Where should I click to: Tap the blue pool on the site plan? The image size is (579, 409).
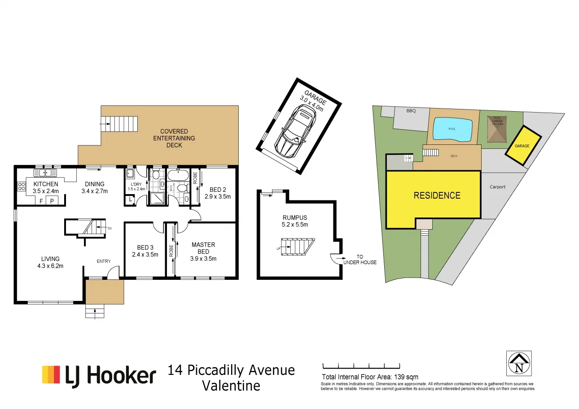pyautogui.click(x=452, y=129)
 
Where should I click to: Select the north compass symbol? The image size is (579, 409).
pyautogui.click(x=519, y=363)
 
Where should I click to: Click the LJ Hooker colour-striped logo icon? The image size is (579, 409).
pyautogui.click(x=51, y=374)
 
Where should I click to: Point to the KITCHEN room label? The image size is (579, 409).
pyautogui.click(x=45, y=184)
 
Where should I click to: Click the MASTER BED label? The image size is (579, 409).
pyautogui.click(x=203, y=248)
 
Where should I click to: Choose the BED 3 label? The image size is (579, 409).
pyautogui.click(x=145, y=248)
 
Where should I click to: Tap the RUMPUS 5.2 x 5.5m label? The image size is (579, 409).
pyautogui.click(x=295, y=221)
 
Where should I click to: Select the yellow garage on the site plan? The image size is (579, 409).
pyautogui.click(x=522, y=146)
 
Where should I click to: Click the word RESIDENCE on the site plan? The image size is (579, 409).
pyautogui.click(x=437, y=196)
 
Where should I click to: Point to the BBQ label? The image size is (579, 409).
pyautogui.click(x=411, y=110)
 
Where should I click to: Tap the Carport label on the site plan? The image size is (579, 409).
pyautogui.click(x=497, y=187)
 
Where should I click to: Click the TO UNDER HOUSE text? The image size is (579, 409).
pyautogui.click(x=360, y=260)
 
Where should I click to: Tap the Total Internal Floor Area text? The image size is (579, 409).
pyautogui.click(x=370, y=377)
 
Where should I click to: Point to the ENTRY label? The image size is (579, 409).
pyautogui.click(x=103, y=261)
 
